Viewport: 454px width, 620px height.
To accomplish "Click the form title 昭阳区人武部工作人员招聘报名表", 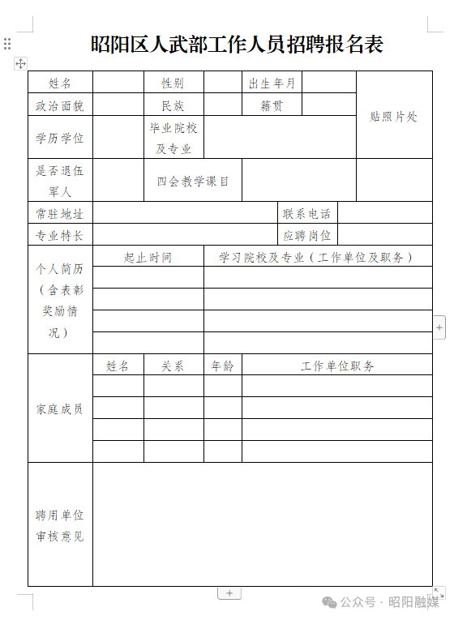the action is click(x=237, y=45).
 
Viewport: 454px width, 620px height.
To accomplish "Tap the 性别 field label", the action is click(x=173, y=83).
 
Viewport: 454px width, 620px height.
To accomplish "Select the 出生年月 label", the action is click(x=272, y=83).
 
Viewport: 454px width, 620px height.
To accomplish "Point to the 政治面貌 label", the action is click(x=60, y=105).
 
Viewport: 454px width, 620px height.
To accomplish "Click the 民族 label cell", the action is click(x=173, y=105).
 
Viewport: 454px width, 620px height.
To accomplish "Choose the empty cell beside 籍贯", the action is click(x=329, y=105).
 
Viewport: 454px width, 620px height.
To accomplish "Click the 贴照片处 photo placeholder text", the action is click(x=394, y=117).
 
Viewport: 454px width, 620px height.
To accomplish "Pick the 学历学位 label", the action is click(x=60, y=138).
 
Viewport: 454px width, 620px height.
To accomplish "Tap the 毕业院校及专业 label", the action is click(x=173, y=138).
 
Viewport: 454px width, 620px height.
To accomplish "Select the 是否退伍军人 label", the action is click(x=60, y=181).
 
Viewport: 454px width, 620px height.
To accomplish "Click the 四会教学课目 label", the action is click(x=193, y=181).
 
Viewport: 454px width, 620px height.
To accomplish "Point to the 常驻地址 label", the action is click(x=60, y=214).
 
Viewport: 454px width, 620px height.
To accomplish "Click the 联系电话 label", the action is click(x=307, y=214).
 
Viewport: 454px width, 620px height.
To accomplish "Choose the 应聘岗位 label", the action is click(x=307, y=236).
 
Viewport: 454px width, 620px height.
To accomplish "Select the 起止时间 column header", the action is click(x=148, y=258).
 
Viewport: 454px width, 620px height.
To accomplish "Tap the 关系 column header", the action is click(x=173, y=366).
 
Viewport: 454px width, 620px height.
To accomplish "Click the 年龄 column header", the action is click(x=222, y=366).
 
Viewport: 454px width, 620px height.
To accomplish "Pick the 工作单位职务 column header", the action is click(x=337, y=366).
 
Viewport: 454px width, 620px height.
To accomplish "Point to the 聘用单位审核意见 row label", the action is click(x=60, y=525).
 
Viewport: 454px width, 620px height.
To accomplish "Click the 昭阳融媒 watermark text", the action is click(x=413, y=601).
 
